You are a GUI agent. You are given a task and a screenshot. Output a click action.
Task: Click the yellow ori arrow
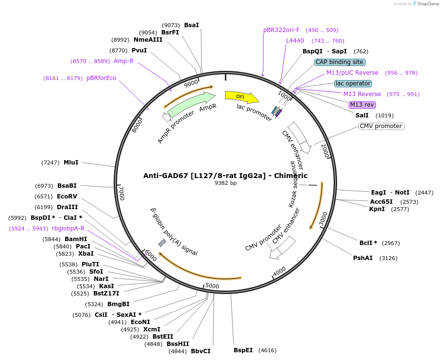[241, 97]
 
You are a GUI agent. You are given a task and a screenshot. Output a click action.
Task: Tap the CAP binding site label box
[339, 62]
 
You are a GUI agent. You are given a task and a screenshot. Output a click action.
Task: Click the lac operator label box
[353, 83]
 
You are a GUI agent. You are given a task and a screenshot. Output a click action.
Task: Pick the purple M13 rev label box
[362, 105]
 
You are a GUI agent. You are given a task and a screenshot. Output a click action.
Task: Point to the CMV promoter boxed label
[381, 126]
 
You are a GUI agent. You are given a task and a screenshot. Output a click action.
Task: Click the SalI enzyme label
[362, 115]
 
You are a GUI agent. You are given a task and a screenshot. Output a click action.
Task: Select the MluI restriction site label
[71, 163]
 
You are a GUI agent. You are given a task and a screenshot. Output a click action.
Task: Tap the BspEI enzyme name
[243, 350]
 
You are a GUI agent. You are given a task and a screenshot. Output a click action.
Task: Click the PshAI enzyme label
[363, 258]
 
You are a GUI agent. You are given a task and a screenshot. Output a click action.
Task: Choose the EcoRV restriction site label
[67, 196]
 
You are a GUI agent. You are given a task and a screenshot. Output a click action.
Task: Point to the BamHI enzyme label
[76, 239]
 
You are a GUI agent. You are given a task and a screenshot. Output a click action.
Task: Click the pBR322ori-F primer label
[281, 30]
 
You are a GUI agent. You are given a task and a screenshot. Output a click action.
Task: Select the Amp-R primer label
[123, 61]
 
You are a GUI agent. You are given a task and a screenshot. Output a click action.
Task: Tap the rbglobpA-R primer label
[68, 229]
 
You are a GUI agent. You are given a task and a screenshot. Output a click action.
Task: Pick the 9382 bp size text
[225, 183]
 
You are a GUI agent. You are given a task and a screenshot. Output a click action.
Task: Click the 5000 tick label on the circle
[212, 286]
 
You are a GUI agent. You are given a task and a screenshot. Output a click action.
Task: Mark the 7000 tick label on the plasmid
[122, 193]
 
